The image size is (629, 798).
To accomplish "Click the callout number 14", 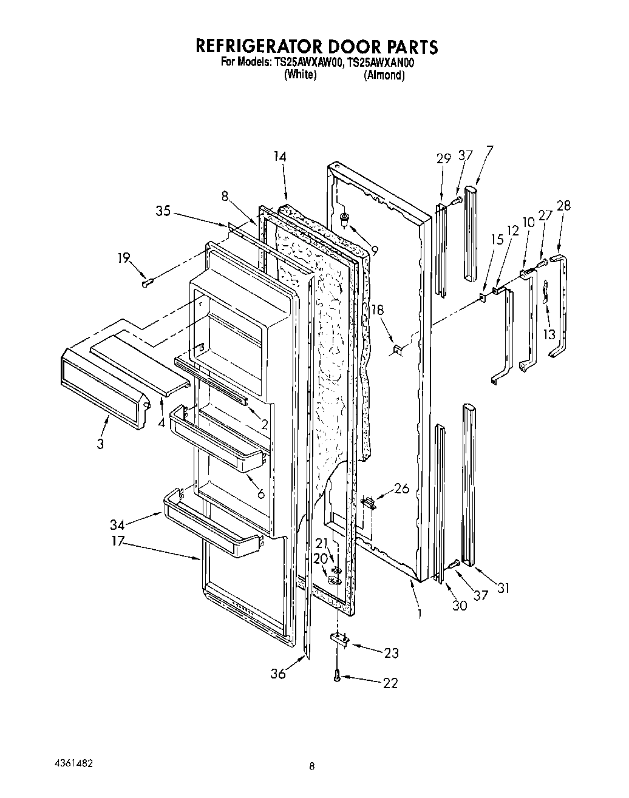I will [279, 157].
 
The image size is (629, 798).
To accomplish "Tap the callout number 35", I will [163, 211].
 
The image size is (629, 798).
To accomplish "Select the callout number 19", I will [124, 258].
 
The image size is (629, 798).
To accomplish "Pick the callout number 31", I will [504, 587].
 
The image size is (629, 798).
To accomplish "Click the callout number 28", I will [563, 206].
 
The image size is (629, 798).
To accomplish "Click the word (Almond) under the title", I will [384, 75].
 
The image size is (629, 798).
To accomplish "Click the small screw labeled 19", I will [147, 282].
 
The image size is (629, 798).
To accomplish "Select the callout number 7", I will [489, 149].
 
